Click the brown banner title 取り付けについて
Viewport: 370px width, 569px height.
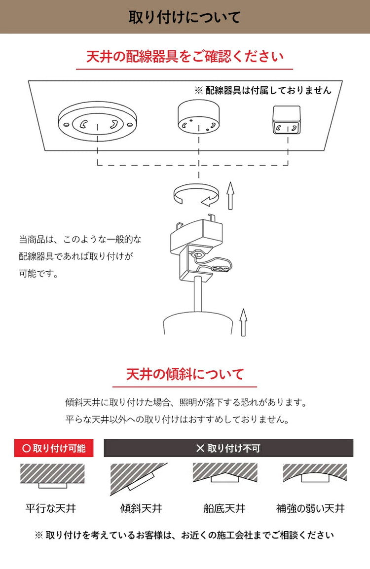pyautogui.click(x=185, y=17)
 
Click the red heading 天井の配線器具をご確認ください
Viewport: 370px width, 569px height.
pyautogui.click(x=185, y=56)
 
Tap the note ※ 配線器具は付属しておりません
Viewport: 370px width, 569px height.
pyautogui.click(x=263, y=90)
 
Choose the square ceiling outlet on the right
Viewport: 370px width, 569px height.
pyautogui.click(x=287, y=120)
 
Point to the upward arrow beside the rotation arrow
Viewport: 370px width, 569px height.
pyautogui.click(x=230, y=195)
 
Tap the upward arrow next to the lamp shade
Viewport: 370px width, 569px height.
pyautogui.click(x=243, y=322)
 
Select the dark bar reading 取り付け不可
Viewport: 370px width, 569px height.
pyautogui.click(x=228, y=448)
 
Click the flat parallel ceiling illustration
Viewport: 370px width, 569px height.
pyautogui.click(x=52, y=476)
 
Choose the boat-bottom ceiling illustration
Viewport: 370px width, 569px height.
pyautogui.click(x=224, y=473)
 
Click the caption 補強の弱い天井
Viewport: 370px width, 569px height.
pyautogui.click(x=310, y=508)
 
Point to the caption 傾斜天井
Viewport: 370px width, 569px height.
pyautogui.click(x=141, y=508)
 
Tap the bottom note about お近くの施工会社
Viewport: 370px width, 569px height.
pyautogui.click(x=185, y=535)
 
